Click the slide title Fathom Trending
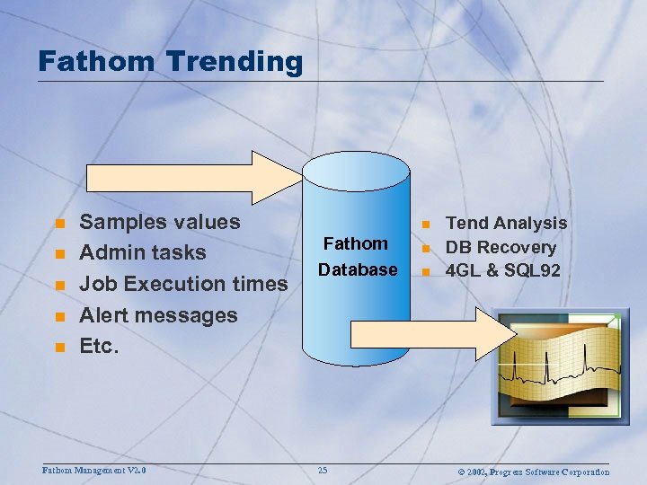coord(171,61)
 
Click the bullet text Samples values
coord(160,222)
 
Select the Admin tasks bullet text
coord(143,253)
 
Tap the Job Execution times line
coord(183,285)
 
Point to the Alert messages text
coord(158,315)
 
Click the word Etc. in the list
coord(99,346)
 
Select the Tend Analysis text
coord(506,223)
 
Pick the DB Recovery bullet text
coord(501,247)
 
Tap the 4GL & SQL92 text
coord(503,270)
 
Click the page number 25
coord(323,471)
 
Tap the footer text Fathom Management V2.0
coord(94,470)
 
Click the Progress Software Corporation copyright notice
coord(534,472)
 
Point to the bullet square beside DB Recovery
coord(427,248)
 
